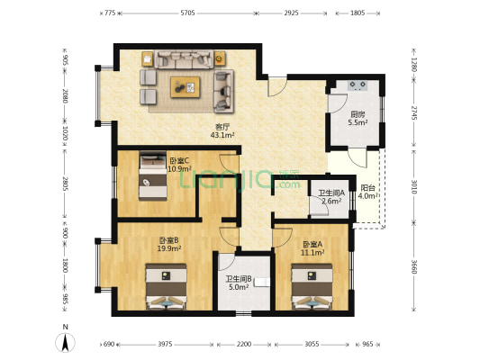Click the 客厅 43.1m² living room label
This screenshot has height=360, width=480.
pyautogui.click(x=222, y=130)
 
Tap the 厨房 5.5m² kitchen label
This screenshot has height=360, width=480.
pyautogui.click(x=358, y=119)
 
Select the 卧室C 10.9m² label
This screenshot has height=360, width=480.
pyautogui.click(x=180, y=165)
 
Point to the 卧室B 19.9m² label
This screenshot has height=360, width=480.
pyautogui.click(x=169, y=244)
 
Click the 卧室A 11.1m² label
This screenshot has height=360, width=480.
pyautogui.click(x=312, y=248)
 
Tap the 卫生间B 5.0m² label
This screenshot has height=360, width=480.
pyautogui.click(x=239, y=283)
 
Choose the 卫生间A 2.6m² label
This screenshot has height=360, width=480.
pyautogui.click(x=331, y=197)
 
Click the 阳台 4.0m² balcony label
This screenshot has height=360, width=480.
pyautogui.click(x=367, y=192)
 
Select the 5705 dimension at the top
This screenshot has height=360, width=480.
pyautogui.click(x=187, y=13)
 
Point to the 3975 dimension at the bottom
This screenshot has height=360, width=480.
pyautogui.click(x=165, y=345)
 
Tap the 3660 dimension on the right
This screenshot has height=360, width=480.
pyautogui.click(x=414, y=266)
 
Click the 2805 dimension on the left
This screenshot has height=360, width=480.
pyautogui.click(x=65, y=184)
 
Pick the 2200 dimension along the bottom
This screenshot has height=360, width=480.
pyautogui.click(x=244, y=345)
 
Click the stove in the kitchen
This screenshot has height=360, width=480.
pyautogui.click(x=358, y=85)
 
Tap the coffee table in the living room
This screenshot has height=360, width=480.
pyautogui.click(x=186, y=87)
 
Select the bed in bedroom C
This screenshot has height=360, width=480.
pyautogui.click(x=153, y=175)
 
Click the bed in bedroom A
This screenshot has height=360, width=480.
pyautogui.click(x=312, y=286)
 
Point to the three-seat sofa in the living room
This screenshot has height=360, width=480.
pyautogui.click(x=184, y=59)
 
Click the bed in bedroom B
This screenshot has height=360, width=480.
pyautogui.click(x=166, y=286)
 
